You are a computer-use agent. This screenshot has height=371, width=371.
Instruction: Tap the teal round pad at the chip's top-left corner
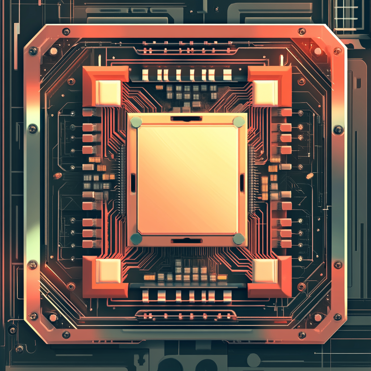click(x=136, y=122)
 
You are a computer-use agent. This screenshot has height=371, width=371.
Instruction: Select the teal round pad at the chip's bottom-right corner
click(x=239, y=239)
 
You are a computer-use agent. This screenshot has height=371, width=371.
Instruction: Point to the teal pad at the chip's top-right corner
click(x=239, y=122)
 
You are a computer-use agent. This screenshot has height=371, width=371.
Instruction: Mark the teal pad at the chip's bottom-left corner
click(x=136, y=239)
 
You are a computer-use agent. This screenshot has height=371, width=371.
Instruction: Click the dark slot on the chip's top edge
click(x=186, y=118)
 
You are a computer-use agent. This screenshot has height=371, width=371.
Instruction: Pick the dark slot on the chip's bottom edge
click(x=187, y=241)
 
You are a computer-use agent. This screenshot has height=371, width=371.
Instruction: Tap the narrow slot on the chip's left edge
click(x=133, y=183)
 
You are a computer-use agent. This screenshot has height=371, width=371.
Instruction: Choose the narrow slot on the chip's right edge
click(x=242, y=183)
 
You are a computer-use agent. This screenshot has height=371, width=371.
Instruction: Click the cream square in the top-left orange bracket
click(x=108, y=93)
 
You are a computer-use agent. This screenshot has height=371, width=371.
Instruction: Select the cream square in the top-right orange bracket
click(x=265, y=93)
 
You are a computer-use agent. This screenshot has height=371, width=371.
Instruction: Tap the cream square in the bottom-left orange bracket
click(x=108, y=271)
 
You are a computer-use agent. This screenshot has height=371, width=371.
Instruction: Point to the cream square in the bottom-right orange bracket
click(x=265, y=271)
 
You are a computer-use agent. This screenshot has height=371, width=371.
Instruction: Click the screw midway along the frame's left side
click(x=33, y=128)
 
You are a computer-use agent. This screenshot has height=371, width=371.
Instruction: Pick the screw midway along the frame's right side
click(x=338, y=129)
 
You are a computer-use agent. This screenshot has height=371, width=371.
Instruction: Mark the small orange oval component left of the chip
click(x=58, y=176)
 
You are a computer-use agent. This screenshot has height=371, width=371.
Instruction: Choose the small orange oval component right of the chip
click(x=309, y=176)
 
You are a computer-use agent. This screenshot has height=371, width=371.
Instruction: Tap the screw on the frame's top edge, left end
click(x=66, y=32)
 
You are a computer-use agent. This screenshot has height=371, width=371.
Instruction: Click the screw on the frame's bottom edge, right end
click(x=302, y=335)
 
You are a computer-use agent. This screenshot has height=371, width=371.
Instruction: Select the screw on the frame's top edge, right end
click(x=302, y=32)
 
